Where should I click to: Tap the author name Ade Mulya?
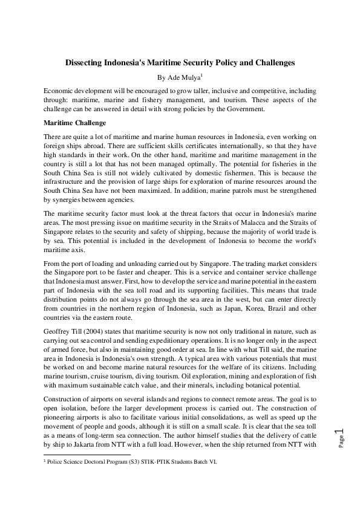click(x=183, y=77)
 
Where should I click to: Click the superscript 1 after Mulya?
click(x=201, y=76)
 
